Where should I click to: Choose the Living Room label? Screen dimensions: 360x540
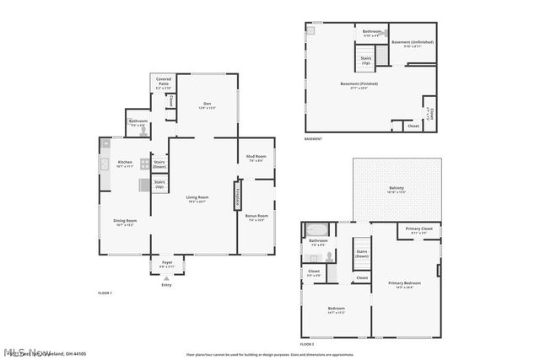[197, 199]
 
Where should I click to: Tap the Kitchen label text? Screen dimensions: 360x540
[125, 164]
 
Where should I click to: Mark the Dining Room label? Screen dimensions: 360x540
[125, 223]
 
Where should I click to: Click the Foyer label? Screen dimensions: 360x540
[166, 263]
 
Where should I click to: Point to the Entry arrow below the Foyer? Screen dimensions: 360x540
[165, 279]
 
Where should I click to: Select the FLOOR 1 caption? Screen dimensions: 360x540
[105, 292]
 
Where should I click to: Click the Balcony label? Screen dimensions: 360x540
[396, 189]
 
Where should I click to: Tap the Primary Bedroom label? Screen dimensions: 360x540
[404, 284]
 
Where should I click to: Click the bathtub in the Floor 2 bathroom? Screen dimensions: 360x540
[318, 229]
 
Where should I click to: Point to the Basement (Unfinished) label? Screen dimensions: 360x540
[412, 43]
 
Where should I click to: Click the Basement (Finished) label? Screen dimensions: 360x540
[359, 84]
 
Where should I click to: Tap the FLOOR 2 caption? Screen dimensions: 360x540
[307, 344]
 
